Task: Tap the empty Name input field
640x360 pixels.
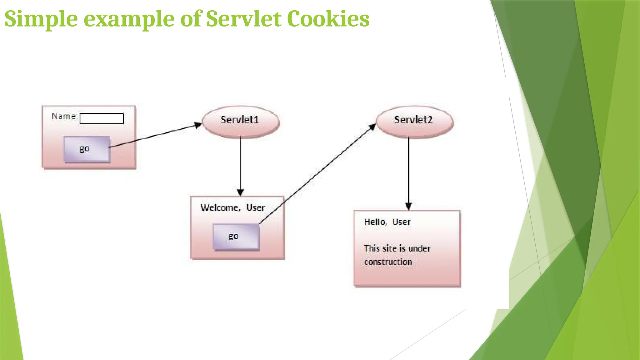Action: point(102,118)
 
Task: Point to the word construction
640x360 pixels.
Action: point(388,262)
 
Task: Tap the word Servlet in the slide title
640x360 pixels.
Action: point(243,19)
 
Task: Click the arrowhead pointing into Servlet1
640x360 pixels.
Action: point(198,125)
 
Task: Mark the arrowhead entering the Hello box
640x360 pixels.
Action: point(408,206)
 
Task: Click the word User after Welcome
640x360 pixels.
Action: point(255,208)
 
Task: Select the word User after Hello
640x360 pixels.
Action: point(401,222)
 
